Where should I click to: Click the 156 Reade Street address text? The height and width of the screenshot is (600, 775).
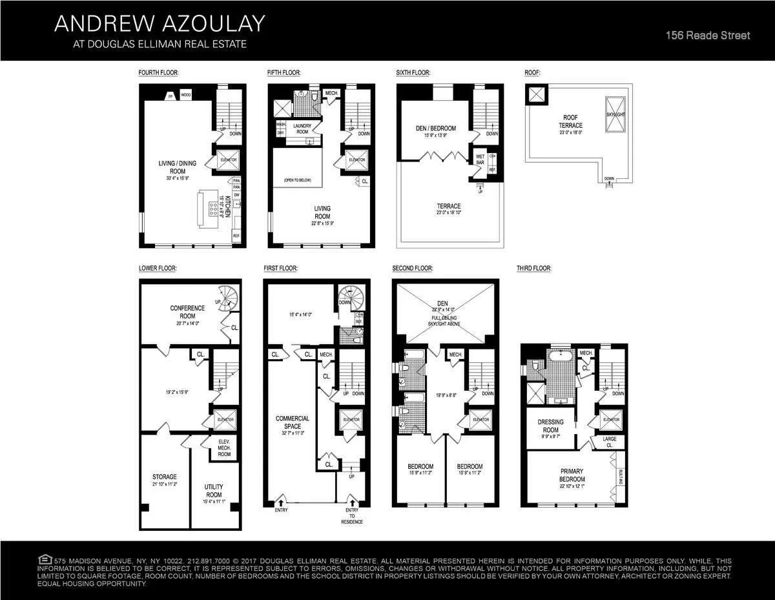(708, 36)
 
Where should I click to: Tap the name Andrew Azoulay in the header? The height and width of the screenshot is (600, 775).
(160, 24)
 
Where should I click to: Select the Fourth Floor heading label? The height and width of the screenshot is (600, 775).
(158, 73)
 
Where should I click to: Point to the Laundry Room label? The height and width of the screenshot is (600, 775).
(302, 129)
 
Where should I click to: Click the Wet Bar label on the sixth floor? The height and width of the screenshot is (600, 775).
(480, 158)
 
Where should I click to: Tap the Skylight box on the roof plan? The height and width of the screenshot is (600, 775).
(615, 114)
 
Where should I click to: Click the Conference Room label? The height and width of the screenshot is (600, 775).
(187, 312)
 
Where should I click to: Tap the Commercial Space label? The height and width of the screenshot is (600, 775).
(293, 422)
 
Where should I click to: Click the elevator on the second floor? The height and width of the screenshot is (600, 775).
(481, 420)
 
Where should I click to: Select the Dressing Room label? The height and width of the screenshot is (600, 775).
(551, 426)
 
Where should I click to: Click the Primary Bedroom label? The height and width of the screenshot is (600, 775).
(572, 476)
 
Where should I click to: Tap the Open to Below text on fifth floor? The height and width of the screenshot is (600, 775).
(297, 180)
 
